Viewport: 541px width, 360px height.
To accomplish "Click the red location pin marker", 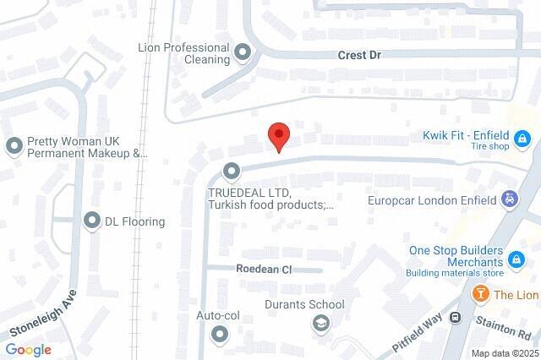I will click(x=279, y=136).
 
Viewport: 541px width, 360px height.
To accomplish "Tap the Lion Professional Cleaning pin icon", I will click(x=243, y=54).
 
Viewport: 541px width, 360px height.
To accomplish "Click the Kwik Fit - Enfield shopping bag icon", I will click(x=523, y=136).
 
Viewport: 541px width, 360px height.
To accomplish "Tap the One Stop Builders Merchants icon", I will click(x=517, y=256).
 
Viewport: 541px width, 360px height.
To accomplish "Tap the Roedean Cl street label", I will click(x=263, y=270).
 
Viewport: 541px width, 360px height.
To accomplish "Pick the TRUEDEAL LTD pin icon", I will click(x=232, y=172).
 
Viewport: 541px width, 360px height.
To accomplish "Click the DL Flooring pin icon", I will click(x=92, y=221).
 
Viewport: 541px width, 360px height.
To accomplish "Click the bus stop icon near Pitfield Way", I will click(x=456, y=318).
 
